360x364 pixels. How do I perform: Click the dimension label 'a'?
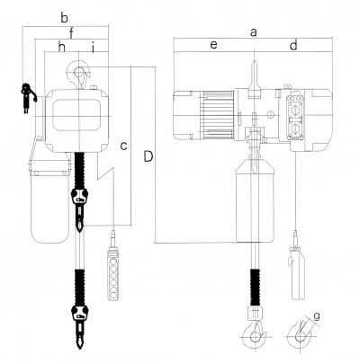pyautogui.click(x=254, y=31)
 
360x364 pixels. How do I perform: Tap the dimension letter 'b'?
pyautogui.click(x=64, y=17)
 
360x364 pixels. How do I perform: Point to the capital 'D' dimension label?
pyautogui.click(x=147, y=158)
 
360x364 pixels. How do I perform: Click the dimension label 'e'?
pyautogui.click(x=213, y=44)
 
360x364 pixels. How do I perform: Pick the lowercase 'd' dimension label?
pyautogui.click(x=293, y=44)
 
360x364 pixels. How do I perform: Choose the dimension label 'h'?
pyautogui.click(x=61, y=46)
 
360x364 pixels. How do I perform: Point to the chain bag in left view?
pyautogui.click(x=49, y=202)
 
